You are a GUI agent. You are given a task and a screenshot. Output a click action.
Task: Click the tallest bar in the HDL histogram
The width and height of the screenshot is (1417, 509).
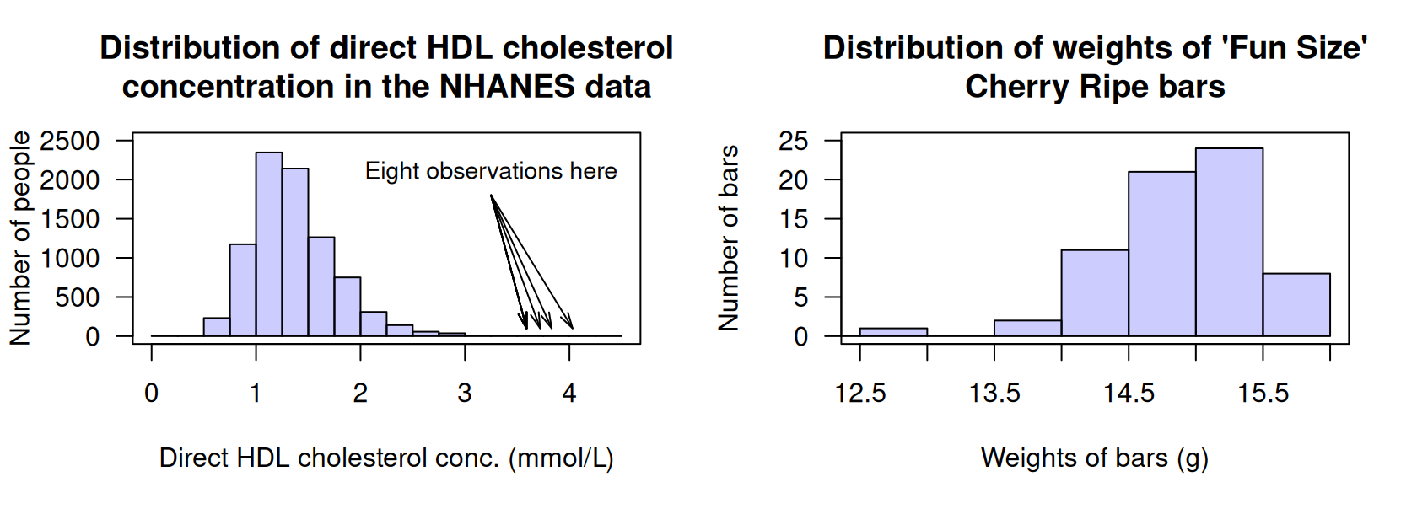coord(269,244)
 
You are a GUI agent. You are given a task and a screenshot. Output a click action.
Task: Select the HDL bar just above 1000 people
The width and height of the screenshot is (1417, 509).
coord(243,291)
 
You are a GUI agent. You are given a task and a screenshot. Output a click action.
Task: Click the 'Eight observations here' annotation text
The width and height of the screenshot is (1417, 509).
coord(490,171)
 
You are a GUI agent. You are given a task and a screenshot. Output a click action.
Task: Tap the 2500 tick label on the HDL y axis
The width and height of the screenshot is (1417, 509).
coord(69,141)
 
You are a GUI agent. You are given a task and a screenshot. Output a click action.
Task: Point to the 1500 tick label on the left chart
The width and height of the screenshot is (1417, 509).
coord(69,219)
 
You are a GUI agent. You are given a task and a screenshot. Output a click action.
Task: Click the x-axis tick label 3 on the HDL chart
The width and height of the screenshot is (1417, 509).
coord(465,393)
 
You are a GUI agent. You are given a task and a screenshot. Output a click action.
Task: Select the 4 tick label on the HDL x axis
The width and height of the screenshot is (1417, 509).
coord(569,393)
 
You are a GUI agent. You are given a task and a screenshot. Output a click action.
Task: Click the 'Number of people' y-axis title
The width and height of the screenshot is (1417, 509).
coord(20,238)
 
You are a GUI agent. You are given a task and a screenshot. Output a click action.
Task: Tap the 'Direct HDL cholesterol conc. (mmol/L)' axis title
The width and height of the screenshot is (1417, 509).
coord(386,458)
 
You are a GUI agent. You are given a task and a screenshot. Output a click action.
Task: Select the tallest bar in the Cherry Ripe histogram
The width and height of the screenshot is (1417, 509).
coord(1229,243)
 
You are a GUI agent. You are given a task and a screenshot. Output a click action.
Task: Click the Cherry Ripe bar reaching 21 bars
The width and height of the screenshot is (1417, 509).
coord(1161,254)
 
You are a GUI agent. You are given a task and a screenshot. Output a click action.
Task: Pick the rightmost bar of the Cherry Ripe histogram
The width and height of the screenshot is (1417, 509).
coord(1296,305)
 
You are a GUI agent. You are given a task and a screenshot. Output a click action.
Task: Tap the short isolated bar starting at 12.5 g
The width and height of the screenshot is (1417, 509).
coord(893,332)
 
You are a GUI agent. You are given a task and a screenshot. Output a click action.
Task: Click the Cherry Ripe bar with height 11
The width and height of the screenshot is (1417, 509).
coord(1095,293)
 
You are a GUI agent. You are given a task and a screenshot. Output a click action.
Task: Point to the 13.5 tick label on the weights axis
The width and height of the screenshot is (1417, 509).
coord(994,393)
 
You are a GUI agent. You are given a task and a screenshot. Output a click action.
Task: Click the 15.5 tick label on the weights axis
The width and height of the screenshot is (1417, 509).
coord(1263,393)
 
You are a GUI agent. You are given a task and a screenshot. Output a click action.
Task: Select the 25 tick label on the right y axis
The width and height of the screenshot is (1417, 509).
coord(793,141)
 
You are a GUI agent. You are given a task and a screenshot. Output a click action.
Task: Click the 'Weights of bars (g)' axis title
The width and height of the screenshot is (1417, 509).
coord(1095,458)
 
